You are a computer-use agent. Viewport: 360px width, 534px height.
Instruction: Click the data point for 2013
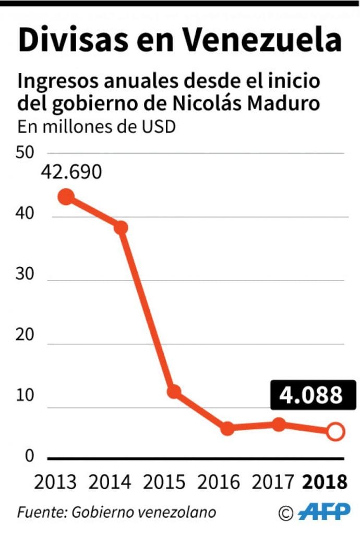[x=66, y=197]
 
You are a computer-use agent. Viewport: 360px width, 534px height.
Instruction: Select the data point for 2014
[x=121, y=227]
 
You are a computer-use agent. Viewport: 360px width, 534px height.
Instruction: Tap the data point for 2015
[x=174, y=391]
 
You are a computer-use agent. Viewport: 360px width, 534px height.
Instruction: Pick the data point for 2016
[x=227, y=428]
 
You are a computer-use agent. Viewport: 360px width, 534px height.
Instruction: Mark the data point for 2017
[x=280, y=424]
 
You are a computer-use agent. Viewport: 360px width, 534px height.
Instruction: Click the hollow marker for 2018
[x=335, y=431]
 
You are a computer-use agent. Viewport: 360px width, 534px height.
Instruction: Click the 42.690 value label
[x=72, y=172]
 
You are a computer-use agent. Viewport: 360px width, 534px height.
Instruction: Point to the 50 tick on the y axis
[x=26, y=153]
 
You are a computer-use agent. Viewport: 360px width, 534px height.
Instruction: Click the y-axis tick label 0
[x=30, y=456]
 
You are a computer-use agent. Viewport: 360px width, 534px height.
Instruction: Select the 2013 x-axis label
[x=55, y=482]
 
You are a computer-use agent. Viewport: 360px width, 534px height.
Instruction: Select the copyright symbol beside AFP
[x=286, y=513]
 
